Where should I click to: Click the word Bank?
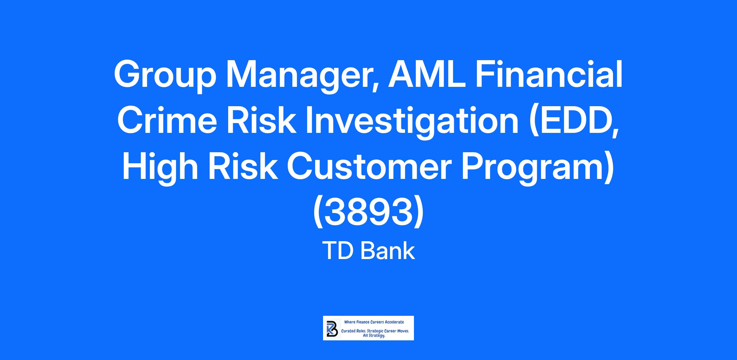(x=388, y=251)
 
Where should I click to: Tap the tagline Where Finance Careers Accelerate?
(x=374, y=322)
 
